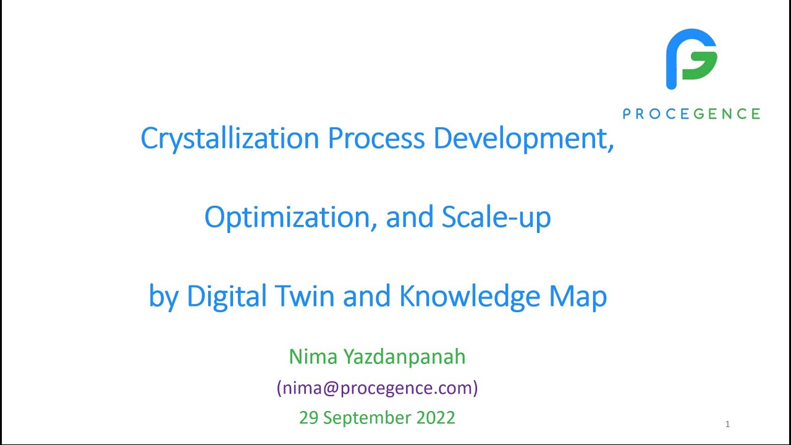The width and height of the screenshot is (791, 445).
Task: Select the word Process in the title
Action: pos(376,138)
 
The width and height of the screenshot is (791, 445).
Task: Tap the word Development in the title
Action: pos(523,138)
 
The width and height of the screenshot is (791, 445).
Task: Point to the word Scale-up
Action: pos(496,217)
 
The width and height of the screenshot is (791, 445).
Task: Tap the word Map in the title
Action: pos(578,296)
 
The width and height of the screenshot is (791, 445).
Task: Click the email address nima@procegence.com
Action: pos(377,388)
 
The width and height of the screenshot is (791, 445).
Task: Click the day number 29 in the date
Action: pos(308,418)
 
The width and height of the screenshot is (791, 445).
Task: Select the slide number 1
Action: pos(727,424)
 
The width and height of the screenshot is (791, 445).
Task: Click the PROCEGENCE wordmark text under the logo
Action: pos(691,114)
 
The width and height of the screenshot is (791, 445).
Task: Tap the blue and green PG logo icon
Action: pos(691,59)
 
